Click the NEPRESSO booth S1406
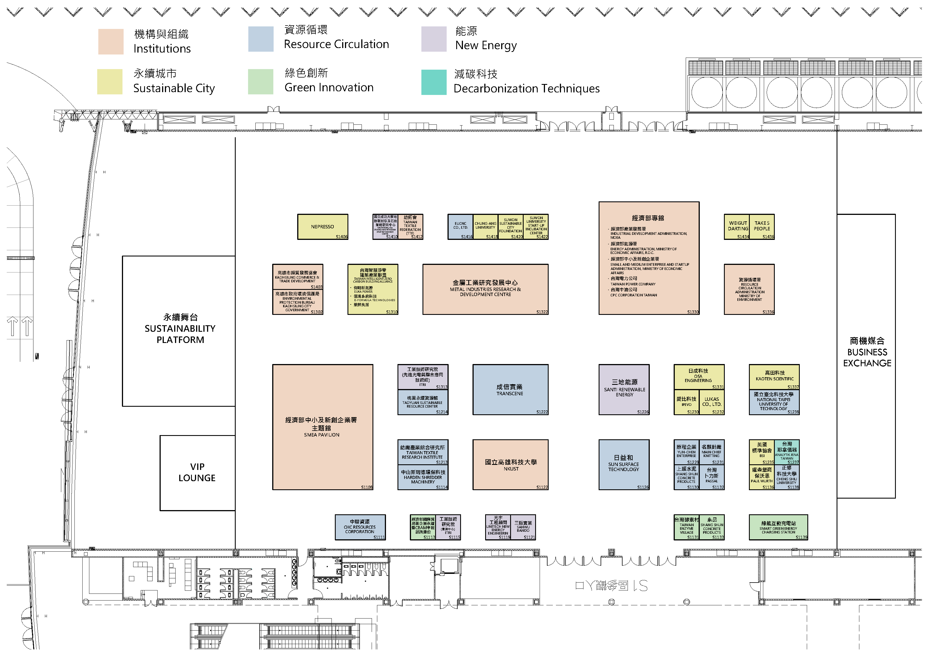pyautogui.click(x=322, y=227)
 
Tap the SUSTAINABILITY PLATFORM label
pyautogui.click(x=180, y=329)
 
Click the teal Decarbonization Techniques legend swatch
pyautogui.click(x=433, y=82)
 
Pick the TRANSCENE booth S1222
pyautogui.click(x=510, y=390)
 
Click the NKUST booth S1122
pyautogui.click(x=510, y=465)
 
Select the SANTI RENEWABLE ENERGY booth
pyautogui.click(x=624, y=389)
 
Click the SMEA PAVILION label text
pyautogui.click(x=322, y=435)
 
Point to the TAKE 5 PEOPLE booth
pyautogui.click(x=762, y=227)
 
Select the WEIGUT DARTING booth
pyautogui.click(x=737, y=227)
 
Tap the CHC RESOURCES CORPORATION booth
pyautogui.click(x=360, y=527)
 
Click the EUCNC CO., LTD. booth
pyautogui.click(x=460, y=227)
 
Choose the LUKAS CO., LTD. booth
pyautogui.click(x=712, y=402)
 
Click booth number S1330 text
pyautogui.click(x=693, y=312)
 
